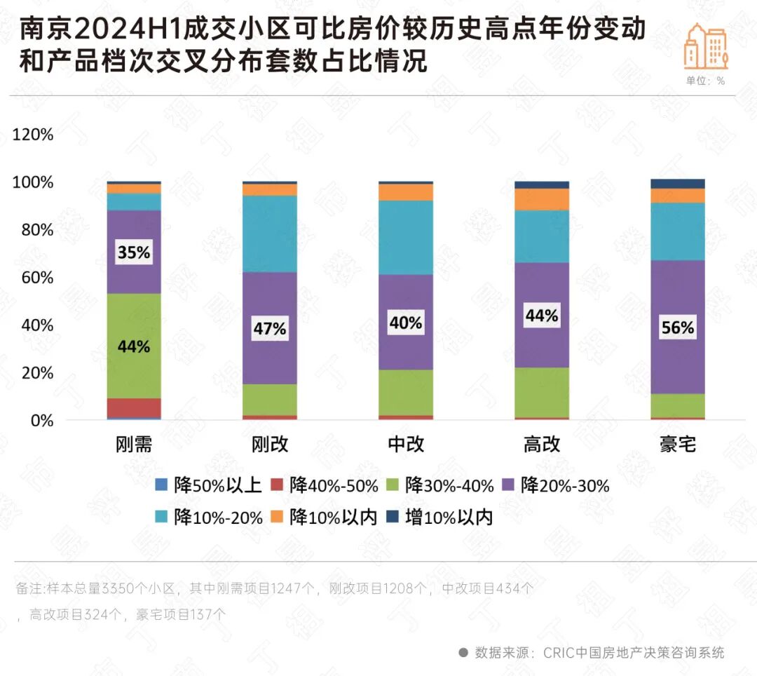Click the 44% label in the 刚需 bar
pos(134,346)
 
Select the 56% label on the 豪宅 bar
pos(677,327)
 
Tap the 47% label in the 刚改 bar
pos(270,328)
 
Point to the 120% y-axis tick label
pos(33,135)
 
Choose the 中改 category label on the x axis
pos(406,445)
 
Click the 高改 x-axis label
pos(541,445)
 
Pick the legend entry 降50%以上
pos(209,485)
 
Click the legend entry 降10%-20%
pos(209,518)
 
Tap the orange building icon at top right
pos(706,46)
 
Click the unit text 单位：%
pos(705,81)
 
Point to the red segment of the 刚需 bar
pos(134,407)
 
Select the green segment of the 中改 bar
pos(406,392)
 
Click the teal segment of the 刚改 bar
pos(270,234)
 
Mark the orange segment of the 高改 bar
pos(541,199)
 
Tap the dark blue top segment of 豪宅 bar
pos(677,184)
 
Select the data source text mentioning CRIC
pos(599,652)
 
